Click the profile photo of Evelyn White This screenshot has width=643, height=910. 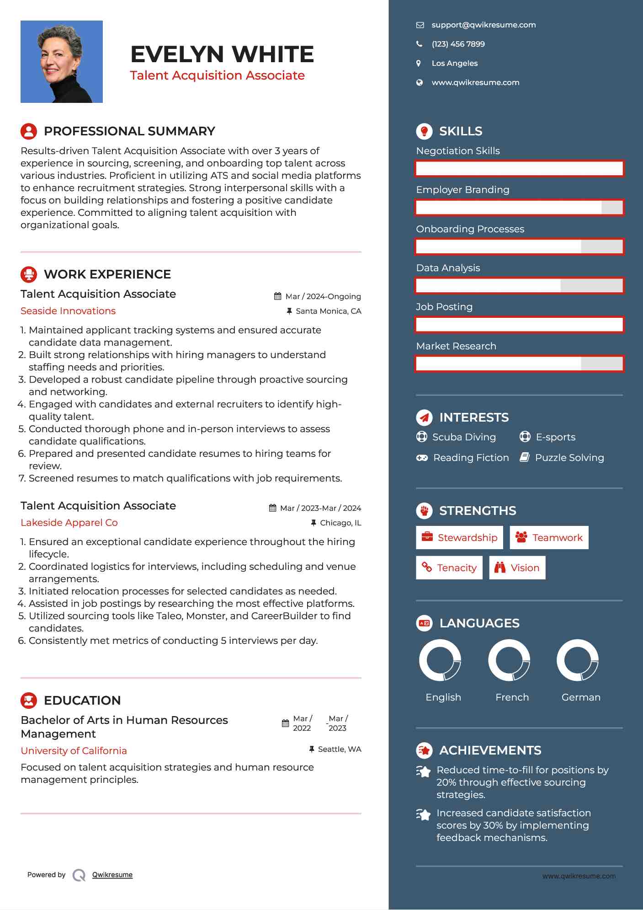coord(61,62)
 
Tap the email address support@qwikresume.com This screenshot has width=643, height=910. coord(483,25)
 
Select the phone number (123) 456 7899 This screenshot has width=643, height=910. coord(458,44)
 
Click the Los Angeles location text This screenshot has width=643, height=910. coord(454,64)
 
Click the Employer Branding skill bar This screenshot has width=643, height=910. coord(519,208)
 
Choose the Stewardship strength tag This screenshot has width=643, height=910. coord(459,538)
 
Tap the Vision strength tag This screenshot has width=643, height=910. coord(517,568)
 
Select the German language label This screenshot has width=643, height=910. coord(580,697)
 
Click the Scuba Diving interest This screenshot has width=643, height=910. coord(463,437)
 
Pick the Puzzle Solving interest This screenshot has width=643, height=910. coord(569,458)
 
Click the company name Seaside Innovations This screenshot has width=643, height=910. coord(68,311)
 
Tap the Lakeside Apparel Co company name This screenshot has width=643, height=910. coord(69,523)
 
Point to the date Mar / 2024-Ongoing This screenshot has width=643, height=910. coord(323,296)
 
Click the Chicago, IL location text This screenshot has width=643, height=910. coord(340,523)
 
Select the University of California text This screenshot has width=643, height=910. coord(74,751)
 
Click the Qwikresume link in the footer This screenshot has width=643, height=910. coord(112,875)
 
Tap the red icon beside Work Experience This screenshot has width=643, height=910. coord(29,274)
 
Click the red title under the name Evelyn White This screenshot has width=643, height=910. coord(217,75)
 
